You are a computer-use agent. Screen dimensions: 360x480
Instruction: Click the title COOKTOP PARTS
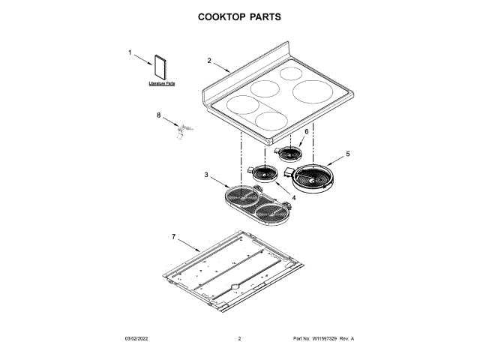[240, 16]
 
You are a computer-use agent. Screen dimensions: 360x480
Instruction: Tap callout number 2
[208, 60]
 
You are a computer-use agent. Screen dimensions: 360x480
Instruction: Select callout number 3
[206, 175]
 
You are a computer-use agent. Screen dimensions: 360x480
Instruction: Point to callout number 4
[293, 198]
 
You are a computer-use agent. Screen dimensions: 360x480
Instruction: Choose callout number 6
[306, 131]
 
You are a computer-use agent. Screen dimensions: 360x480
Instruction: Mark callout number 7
[173, 237]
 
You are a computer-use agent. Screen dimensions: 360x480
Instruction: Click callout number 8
[158, 115]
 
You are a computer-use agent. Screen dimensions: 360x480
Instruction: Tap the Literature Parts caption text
[161, 83]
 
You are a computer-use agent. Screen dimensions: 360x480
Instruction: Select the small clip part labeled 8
[180, 131]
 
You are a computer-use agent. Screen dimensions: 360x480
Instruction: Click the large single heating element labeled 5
[313, 178]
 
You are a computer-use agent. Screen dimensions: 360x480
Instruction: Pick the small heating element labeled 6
[289, 154]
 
